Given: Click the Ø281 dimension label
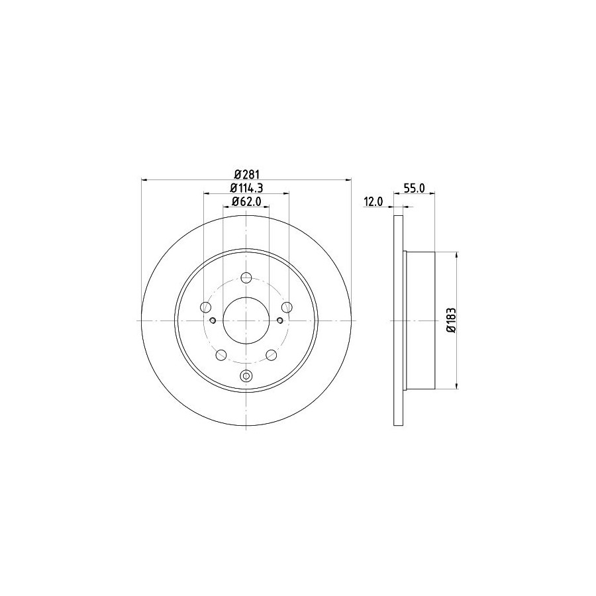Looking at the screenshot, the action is coord(246,174).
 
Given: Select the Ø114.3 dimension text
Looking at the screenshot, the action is coord(247,188).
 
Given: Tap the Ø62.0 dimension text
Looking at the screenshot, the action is coord(246,201).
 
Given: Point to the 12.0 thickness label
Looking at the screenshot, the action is coord(373,202).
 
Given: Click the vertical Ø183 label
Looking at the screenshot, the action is coord(451,320).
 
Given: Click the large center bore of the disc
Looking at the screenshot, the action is coord(246,321).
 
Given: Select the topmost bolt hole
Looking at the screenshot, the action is coord(246,277).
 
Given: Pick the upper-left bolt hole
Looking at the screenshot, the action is coord(206,307).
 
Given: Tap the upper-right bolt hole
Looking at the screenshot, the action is coord(287,307).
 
